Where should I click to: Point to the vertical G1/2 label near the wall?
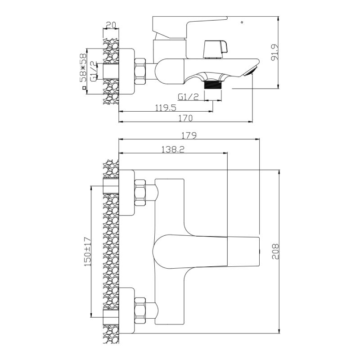(93, 71)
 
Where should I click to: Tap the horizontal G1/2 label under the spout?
(188, 96)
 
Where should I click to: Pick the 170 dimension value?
(184, 118)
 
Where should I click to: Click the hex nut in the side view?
(141, 71)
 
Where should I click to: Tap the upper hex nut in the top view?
(140, 192)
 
